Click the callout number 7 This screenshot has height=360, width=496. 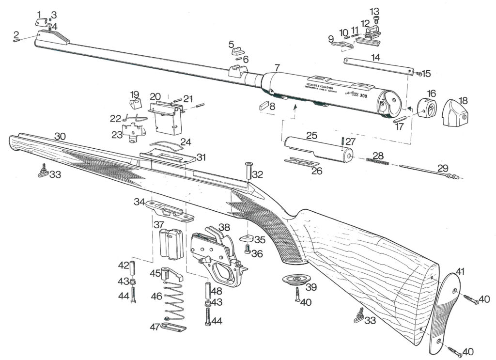pyautogui.click(x=277, y=66)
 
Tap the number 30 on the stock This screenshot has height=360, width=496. pyautogui.click(x=60, y=137)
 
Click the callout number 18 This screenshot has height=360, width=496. pyautogui.click(x=464, y=101)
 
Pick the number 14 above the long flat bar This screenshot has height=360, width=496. pyautogui.click(x=375, y=57)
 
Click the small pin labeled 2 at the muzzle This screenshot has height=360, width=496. pyautogui.click(x=16, y=41)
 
